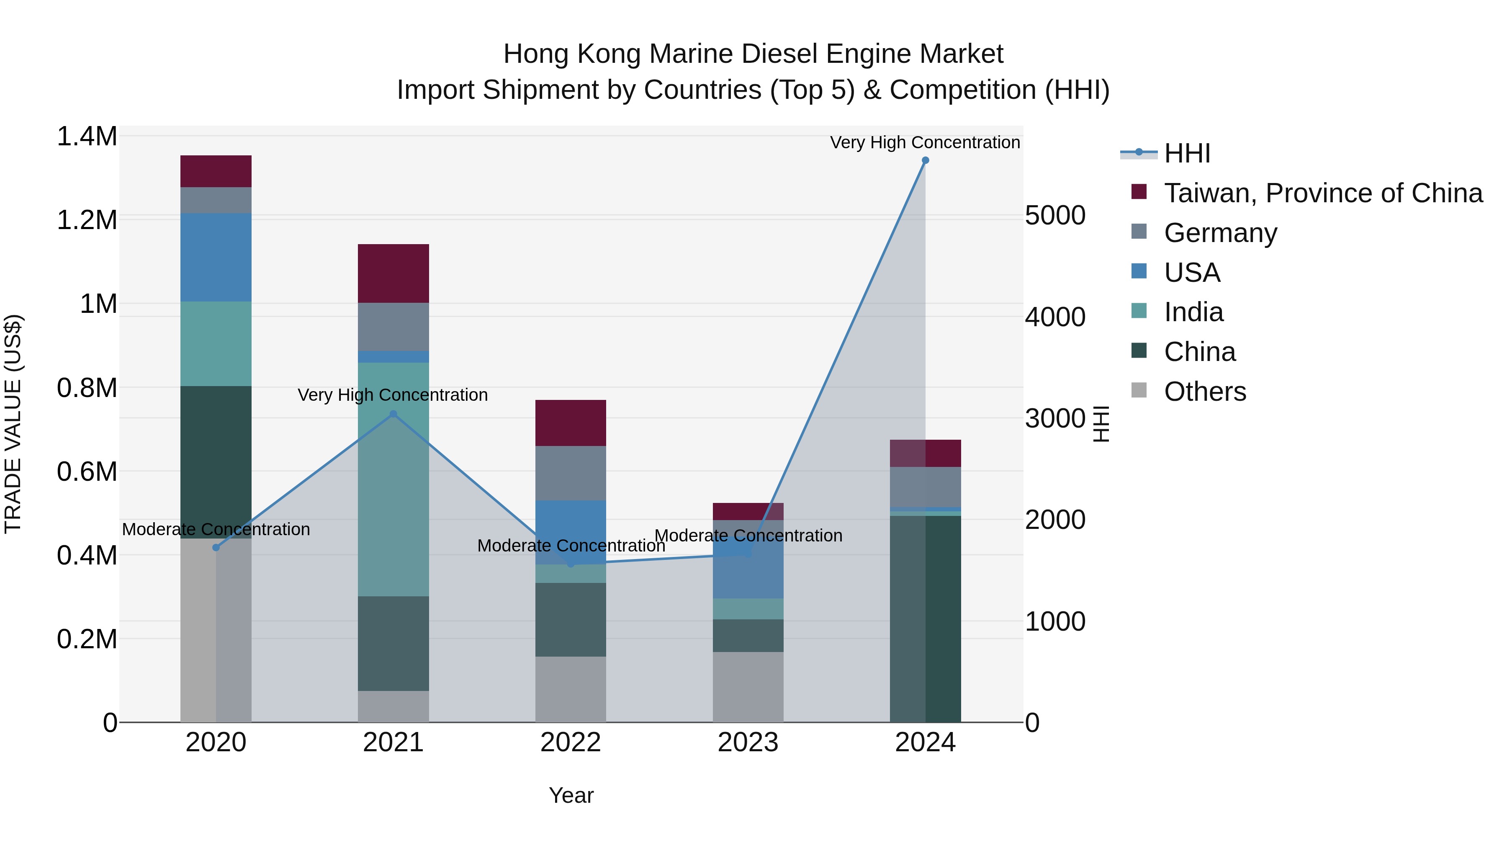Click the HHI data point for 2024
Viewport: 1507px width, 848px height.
pyautogui.click(x=925, y=160)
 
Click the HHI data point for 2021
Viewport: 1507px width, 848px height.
pyautogui.click(x=393, y=414)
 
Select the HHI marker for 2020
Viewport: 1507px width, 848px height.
pyautogui.click(x=216, y=547)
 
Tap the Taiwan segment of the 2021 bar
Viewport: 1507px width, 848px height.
pyautogui.click(x=393, y=273)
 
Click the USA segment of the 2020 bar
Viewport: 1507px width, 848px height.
pyautogui.click(x=216, y=258)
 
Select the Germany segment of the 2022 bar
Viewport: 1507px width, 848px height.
pyautogui.click(x=571, y=473)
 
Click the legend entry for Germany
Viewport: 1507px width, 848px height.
pyautogui.click(x=1220, y=233)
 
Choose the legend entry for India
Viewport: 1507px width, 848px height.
pyautogui.click(x=1193, y=312)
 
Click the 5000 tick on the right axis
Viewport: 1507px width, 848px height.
pyautogui.click(x=1055, y=215)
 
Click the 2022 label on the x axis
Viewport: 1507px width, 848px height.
pyautogui.click(x=571, y=742)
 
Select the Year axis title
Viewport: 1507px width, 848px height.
pyautogui.click(x=571, y=795)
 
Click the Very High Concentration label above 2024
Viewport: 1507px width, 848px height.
pyautogui.click(x=924, y=142)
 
